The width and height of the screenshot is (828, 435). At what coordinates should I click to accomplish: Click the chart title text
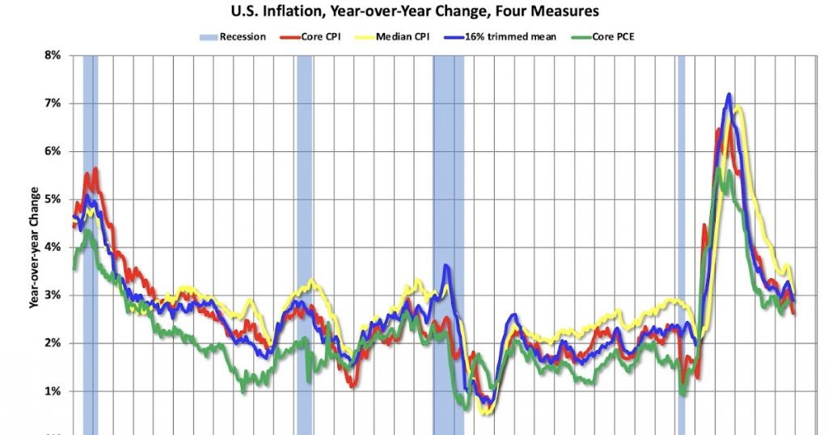point(414,12)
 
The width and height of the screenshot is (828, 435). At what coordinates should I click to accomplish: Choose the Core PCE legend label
point(614,36)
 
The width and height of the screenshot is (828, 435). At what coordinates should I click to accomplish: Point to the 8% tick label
point(52,56)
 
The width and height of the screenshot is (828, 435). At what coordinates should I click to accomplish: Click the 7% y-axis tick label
point(52,103)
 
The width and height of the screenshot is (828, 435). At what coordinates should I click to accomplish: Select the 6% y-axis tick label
point(52,151)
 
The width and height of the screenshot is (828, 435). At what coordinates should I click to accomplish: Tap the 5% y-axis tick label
point(52,199)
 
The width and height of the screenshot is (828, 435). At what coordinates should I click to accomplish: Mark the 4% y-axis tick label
point(52,247)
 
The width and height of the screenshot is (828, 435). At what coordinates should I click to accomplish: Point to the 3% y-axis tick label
point(52,295)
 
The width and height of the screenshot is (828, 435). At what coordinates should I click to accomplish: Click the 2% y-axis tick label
point(52,343)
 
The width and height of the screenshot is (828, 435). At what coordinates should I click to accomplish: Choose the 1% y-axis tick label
point(52,391)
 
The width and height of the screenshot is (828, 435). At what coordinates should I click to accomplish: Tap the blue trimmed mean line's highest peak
point(729,95)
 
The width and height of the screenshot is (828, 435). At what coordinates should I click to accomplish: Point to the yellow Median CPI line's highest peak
point(737,107)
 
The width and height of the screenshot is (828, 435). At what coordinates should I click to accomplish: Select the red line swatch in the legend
point(289,36)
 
